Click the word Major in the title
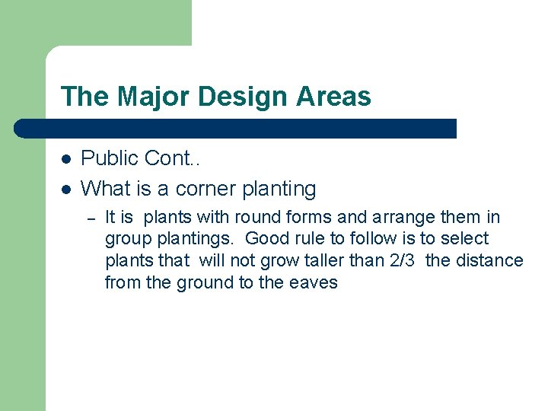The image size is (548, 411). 143,97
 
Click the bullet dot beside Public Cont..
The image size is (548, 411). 66,159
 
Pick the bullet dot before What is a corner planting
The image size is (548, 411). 66,189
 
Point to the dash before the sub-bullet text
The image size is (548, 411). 90,219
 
